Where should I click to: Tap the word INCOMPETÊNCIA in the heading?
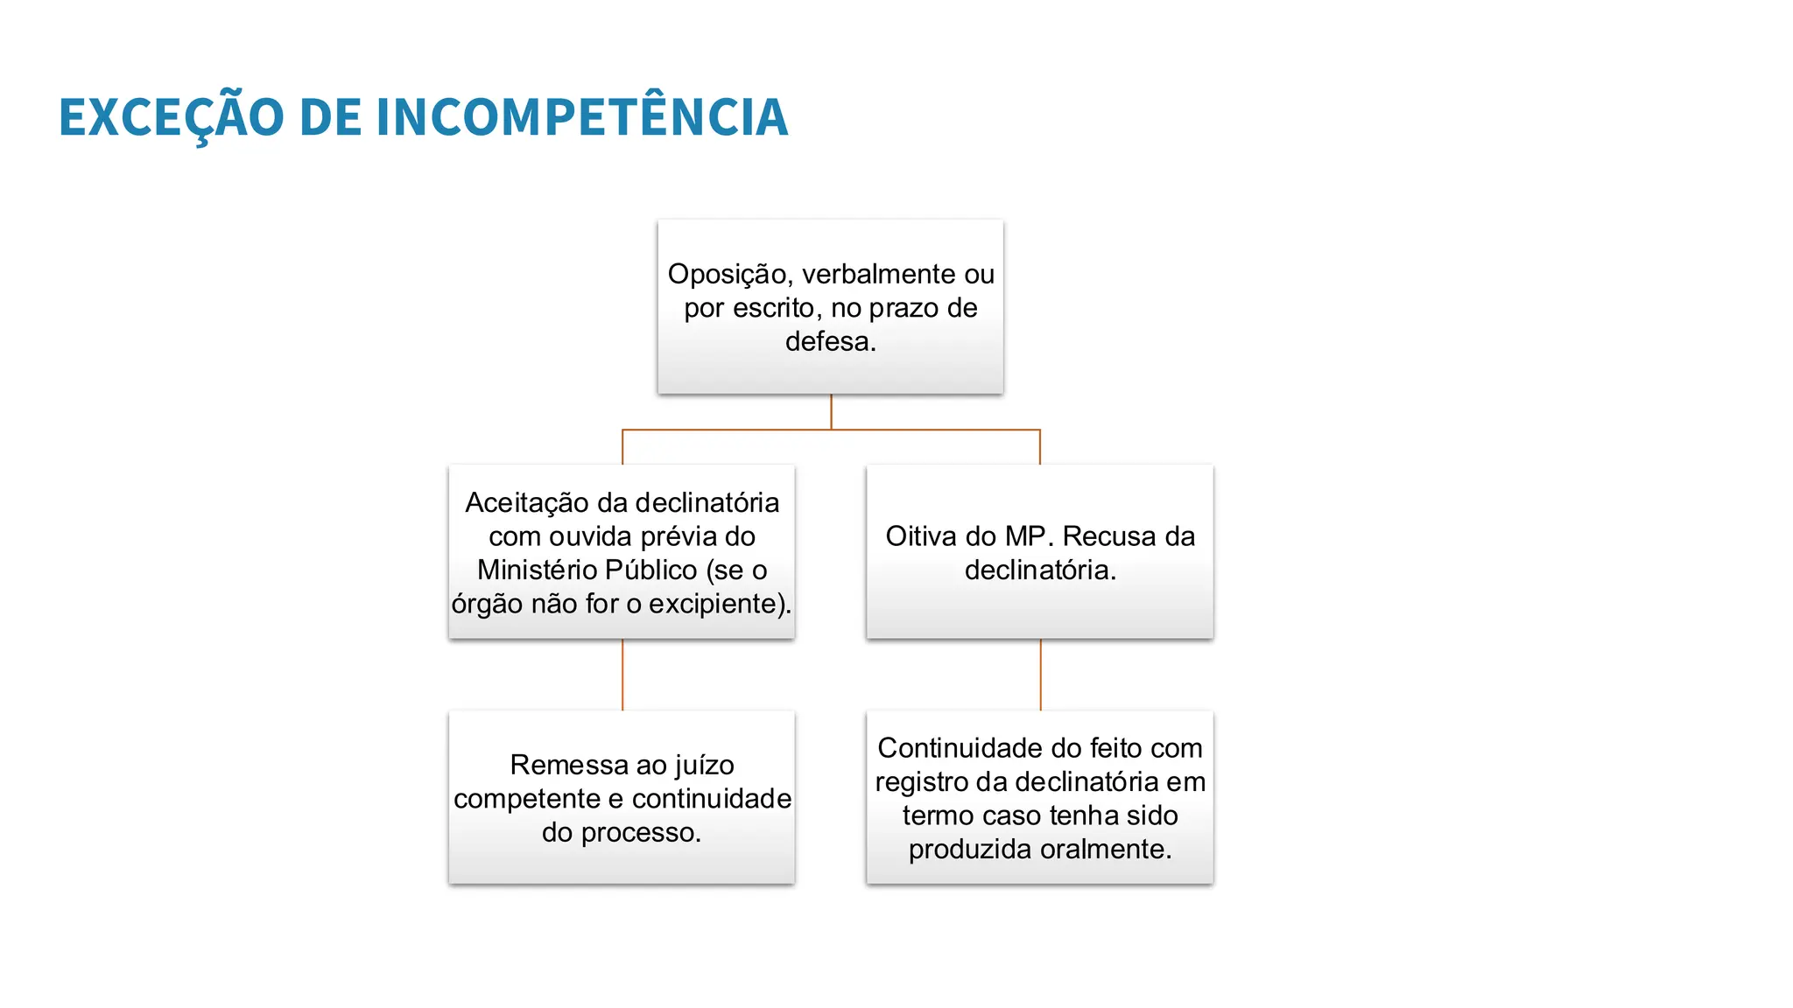582,117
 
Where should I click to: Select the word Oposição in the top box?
727,275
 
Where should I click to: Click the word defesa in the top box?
827,341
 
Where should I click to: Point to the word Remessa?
559,766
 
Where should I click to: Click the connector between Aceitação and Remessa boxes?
622,675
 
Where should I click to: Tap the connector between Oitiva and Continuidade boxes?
1040,675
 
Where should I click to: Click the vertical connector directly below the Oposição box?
831,411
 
